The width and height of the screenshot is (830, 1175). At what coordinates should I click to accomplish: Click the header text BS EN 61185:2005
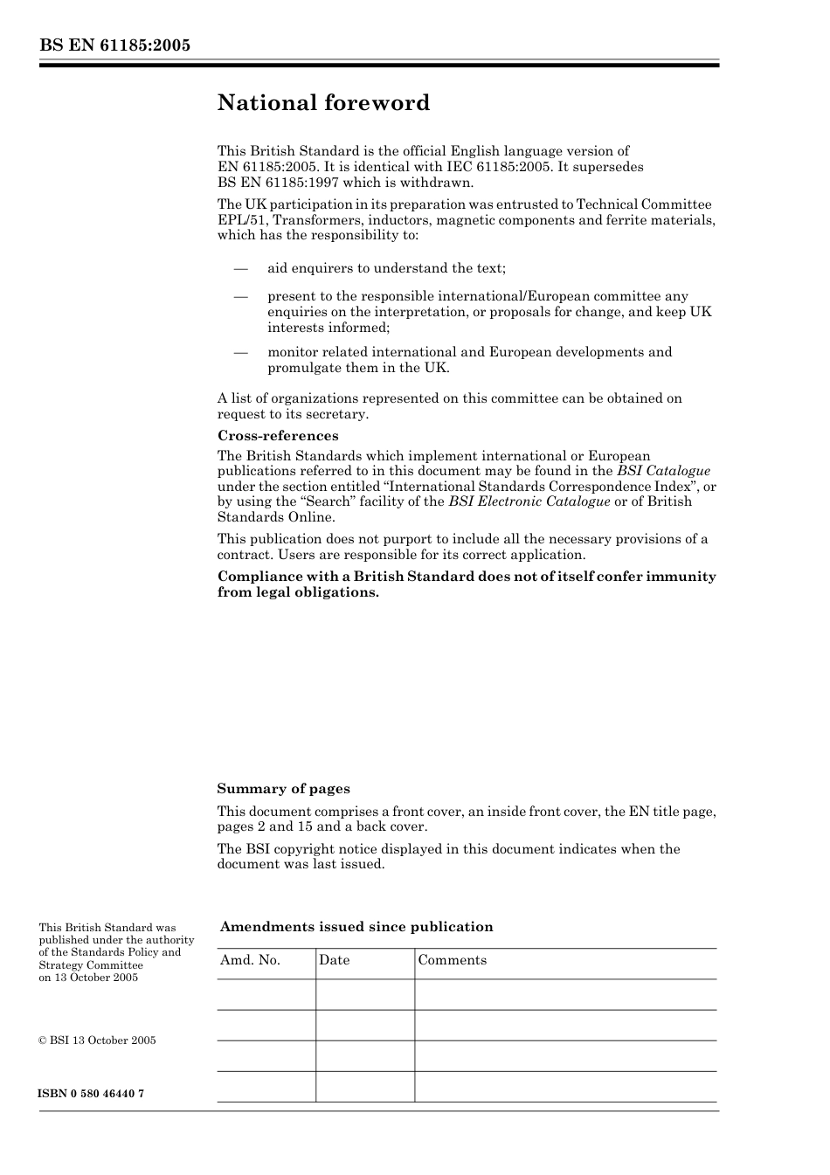[x=114, y=45]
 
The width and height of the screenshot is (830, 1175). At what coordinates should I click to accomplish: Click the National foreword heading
[x=323, y=103]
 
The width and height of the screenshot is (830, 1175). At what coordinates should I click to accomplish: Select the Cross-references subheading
[x=277, y=436]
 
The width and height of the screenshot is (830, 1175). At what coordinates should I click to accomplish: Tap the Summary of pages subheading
[x=283, y=789]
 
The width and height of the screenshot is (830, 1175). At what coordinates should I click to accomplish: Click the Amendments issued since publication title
[x=356, y=927]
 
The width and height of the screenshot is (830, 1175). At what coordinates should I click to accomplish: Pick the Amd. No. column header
[x=250, y=960]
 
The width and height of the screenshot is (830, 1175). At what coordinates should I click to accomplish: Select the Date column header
[x=334, y=960]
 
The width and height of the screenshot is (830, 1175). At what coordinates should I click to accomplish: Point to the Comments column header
[x=452, y=960]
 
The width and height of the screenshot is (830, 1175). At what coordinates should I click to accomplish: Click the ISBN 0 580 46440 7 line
[x=91, y=1094]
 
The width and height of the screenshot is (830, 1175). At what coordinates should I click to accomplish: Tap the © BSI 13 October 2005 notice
[x=97, y=1040]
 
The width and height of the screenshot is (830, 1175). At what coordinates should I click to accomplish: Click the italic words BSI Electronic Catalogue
[x=529, y=501]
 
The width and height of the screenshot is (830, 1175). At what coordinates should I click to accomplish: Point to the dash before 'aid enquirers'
[x=240, y=269]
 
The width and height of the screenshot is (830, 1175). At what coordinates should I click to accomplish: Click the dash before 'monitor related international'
[x=240, y=352]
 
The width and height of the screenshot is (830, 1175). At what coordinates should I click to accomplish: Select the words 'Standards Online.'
[x=275, y=517]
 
